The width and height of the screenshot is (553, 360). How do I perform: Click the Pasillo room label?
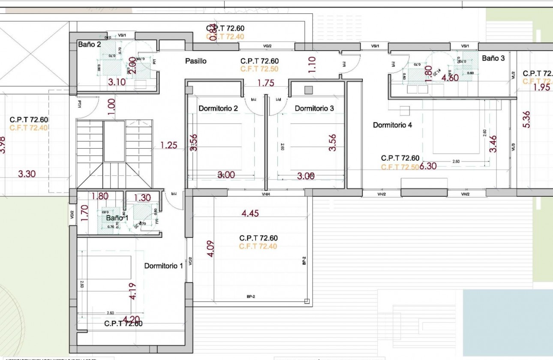coord(195,61)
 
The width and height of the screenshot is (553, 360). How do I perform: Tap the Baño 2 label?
coord(89,44)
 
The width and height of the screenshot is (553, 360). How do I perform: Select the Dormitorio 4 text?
coord(392,125)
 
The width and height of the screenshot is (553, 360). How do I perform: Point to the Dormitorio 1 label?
coord(163,266)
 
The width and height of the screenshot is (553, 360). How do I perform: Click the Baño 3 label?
coord(493,58)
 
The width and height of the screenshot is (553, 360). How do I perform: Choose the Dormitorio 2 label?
coord(218,108)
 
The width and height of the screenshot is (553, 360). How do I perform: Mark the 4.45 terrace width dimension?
coord(250,213)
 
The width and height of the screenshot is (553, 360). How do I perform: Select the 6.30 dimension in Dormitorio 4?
coord(428,166)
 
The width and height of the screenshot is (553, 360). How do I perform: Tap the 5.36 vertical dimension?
coord(527,119)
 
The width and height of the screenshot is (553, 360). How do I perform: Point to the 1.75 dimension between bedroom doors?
coord(266,83)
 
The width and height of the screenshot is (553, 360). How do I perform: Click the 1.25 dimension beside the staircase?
coord(168,145)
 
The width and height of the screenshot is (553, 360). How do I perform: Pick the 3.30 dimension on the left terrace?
coord(27,174)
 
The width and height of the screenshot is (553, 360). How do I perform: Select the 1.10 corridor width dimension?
coord(312,65)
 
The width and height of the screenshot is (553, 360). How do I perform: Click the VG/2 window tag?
coord(267,46)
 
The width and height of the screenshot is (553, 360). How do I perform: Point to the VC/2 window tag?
coord(190,261)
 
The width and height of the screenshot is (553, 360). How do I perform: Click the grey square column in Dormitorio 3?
coord(308,90)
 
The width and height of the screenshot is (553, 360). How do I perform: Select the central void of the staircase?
coord(114,141)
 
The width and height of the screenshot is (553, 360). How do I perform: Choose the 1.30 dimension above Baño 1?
coord(142,198)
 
